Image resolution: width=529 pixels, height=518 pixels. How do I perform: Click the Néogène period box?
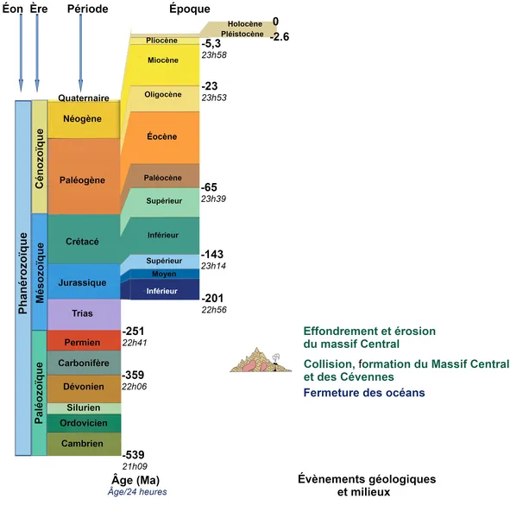pos(83,119)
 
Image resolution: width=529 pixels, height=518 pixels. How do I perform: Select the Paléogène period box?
pos(83,180)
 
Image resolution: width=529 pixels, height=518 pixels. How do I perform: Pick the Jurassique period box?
pos(83,281)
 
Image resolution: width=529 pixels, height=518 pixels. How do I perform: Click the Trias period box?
pos(83,314)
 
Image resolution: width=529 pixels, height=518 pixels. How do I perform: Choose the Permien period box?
pos(83,341)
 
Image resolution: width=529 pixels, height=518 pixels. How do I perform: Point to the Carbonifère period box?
pos(83,363)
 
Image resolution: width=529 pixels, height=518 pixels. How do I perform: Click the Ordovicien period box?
pos(83,423)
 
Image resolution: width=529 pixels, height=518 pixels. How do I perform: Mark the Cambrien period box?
pos(83,444)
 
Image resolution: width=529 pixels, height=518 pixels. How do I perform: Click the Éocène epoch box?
pos(161,136)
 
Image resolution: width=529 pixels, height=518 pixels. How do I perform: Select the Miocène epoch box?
pos(162,60)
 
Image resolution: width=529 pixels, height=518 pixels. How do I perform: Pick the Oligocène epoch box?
pos(162,95)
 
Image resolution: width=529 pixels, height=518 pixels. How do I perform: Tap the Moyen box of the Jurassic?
pos(162,274)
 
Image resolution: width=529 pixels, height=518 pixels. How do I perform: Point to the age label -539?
pos(134,454)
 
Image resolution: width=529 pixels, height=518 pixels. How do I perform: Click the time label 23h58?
pos(213,54)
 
